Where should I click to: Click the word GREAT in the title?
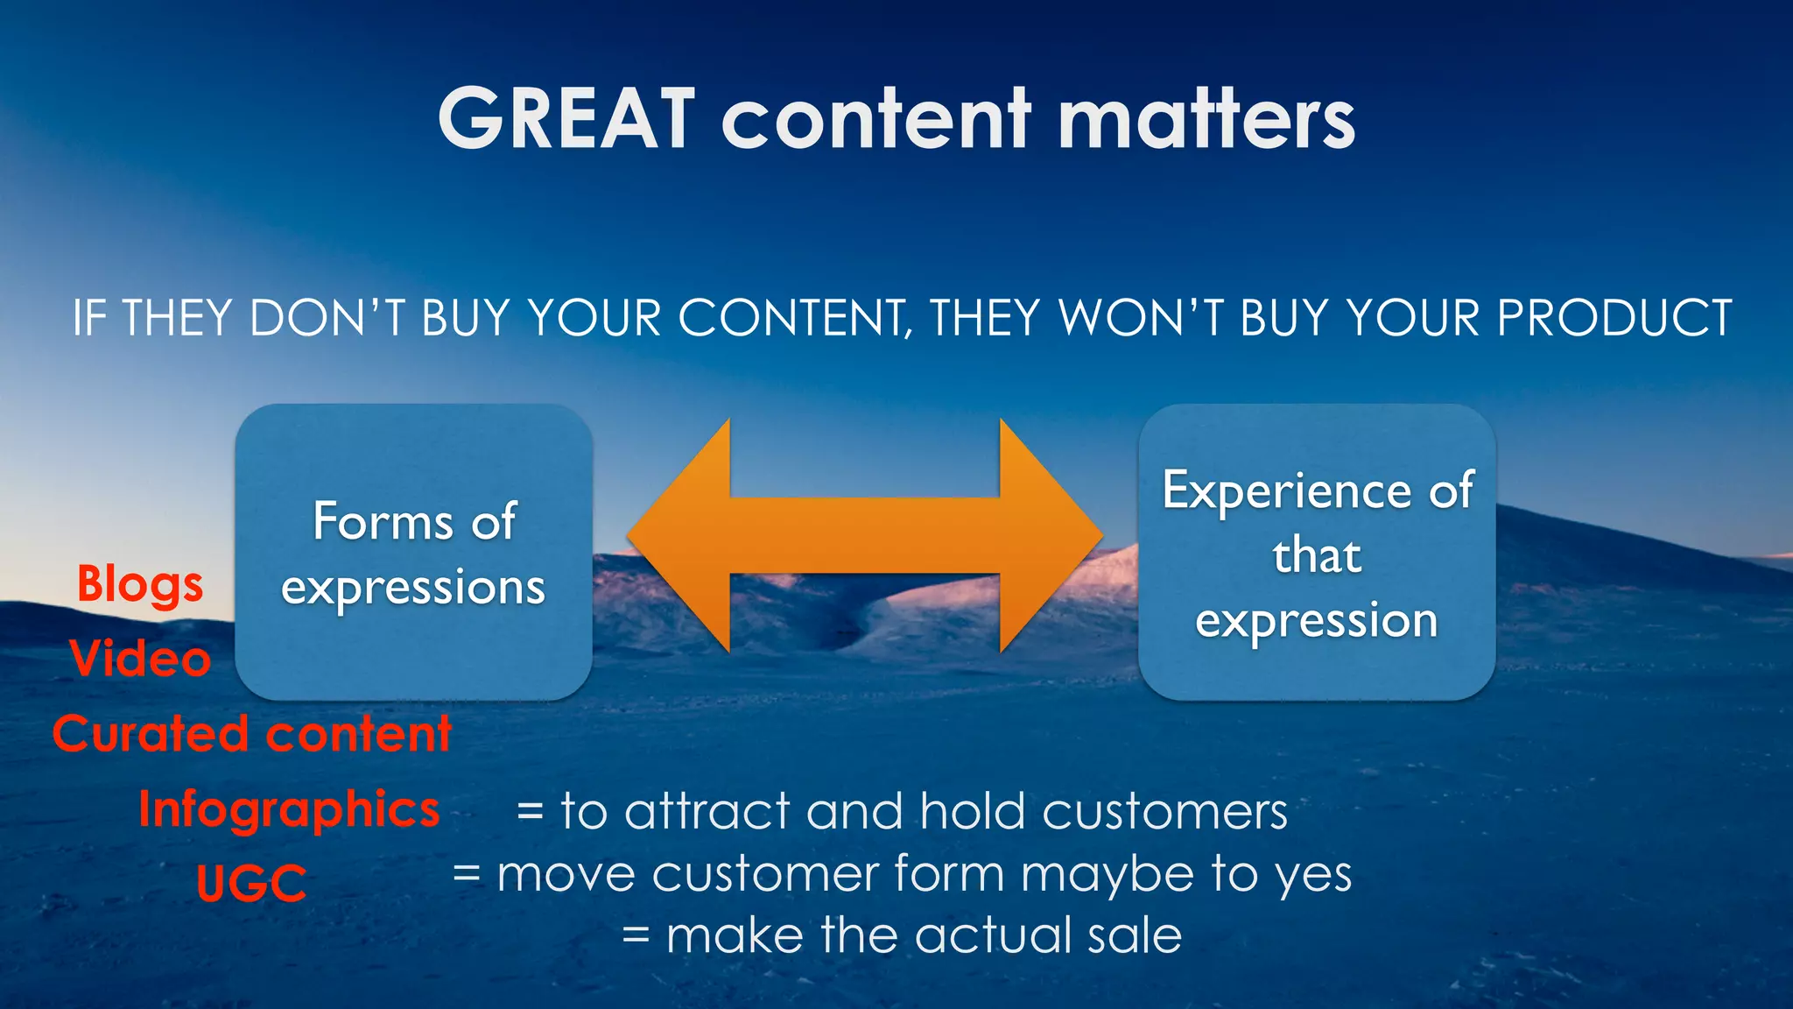click(x=566, y=119)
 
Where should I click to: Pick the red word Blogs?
click(x=140, y=585)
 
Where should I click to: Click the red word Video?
click(x=140, y=659)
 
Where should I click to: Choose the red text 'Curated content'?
click(x=251, y=734)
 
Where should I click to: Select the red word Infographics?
click(x=289, y=809)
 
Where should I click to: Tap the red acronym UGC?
click(x=251, y=883)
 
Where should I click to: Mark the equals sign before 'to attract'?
click(x=530, y=812)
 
